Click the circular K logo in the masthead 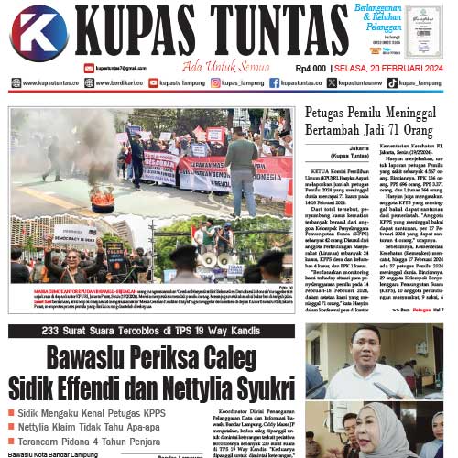point(38,34)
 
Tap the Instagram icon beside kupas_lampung point(215,82)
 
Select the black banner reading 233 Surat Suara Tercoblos point(151,331)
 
